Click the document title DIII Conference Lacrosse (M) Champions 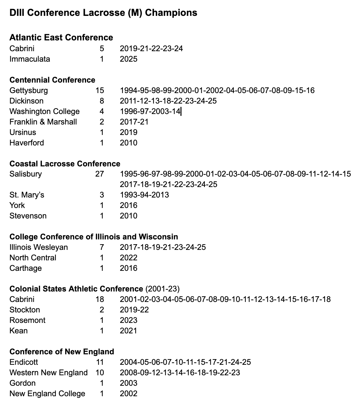point(103,13)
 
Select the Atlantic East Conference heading point(61,37)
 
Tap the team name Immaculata point(30,59)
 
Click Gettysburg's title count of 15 point(100,90)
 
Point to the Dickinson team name point(26,101)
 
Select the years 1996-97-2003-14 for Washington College point(150,111)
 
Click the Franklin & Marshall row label point(43,122)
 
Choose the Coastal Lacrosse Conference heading point(65,164)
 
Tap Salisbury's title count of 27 point(100,174)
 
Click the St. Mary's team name point(27,195)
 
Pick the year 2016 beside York point(129,205)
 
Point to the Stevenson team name point(28,216)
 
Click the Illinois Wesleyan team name point(39,247)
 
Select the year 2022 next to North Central point(129,258)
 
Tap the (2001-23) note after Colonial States point(162,289)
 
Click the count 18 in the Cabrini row point(100,299)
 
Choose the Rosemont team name point(28,320)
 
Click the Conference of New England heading point(62,352)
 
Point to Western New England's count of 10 point(100,373)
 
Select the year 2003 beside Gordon point(129,383)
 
